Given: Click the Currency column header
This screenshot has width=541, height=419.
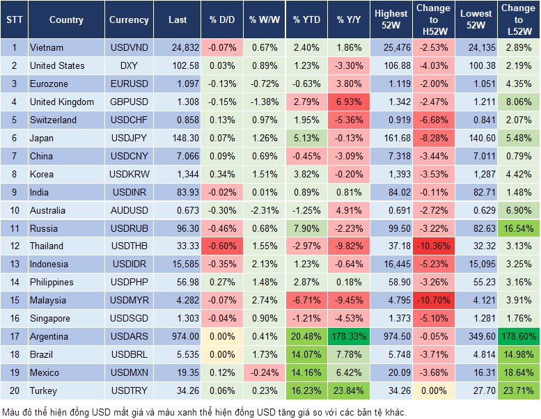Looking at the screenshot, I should point(129,20).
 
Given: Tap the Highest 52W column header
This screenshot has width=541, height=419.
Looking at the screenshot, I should point(391,20).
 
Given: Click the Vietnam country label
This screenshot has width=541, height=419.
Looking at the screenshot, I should point(47,48).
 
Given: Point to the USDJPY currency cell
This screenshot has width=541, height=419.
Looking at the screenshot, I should point(129,138).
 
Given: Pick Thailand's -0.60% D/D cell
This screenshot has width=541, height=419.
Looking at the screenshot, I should point(221,246).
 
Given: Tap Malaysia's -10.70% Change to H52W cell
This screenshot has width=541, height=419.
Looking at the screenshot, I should point(433,301).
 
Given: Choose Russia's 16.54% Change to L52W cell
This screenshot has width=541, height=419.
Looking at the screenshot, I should point(518,228).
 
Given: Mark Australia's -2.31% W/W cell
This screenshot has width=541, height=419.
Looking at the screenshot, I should point(263,210).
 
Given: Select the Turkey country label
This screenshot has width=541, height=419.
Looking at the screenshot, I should point(44,390).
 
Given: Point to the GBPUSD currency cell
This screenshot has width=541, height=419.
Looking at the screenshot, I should point(129,102).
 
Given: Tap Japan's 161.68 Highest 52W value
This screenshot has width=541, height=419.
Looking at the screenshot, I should point(391,138).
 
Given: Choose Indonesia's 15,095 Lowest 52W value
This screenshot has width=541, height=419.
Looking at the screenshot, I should point(476,264).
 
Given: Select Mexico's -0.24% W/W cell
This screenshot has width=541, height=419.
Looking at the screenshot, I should point(263,372).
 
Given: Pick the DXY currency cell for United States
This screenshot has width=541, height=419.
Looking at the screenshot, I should point(129,66).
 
